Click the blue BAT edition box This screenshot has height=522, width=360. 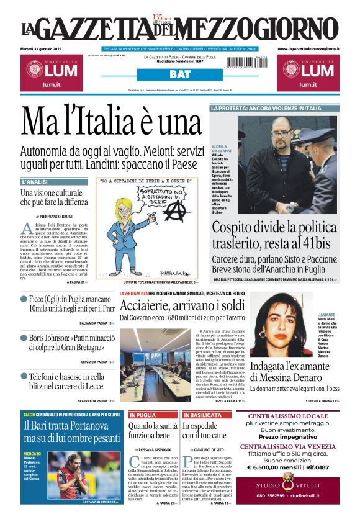click(179, 74)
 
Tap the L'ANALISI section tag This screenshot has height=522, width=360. click(35, 182)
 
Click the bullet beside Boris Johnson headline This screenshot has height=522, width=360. click(24, 339)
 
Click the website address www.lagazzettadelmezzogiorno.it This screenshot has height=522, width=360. click(308, 48)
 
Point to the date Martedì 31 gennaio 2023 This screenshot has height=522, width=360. click(45, 48)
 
